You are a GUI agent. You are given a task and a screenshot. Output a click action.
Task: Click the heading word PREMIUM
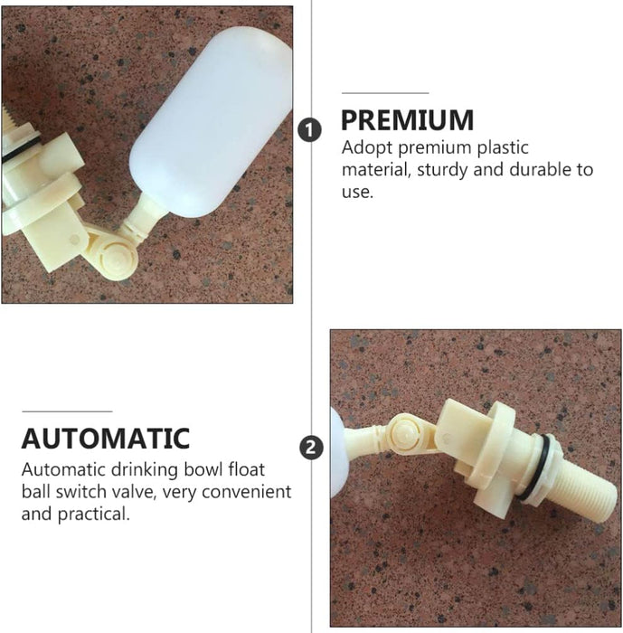click(x=407, y=120)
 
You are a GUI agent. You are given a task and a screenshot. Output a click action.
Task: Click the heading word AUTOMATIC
click(x=106, y=439)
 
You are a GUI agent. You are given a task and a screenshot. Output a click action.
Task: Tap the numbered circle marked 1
click(x=311, y=130)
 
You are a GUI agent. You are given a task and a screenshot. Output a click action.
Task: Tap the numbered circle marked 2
click(x=311, y=447)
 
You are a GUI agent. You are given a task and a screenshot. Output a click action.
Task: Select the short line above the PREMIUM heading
click(x=385, y=93)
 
